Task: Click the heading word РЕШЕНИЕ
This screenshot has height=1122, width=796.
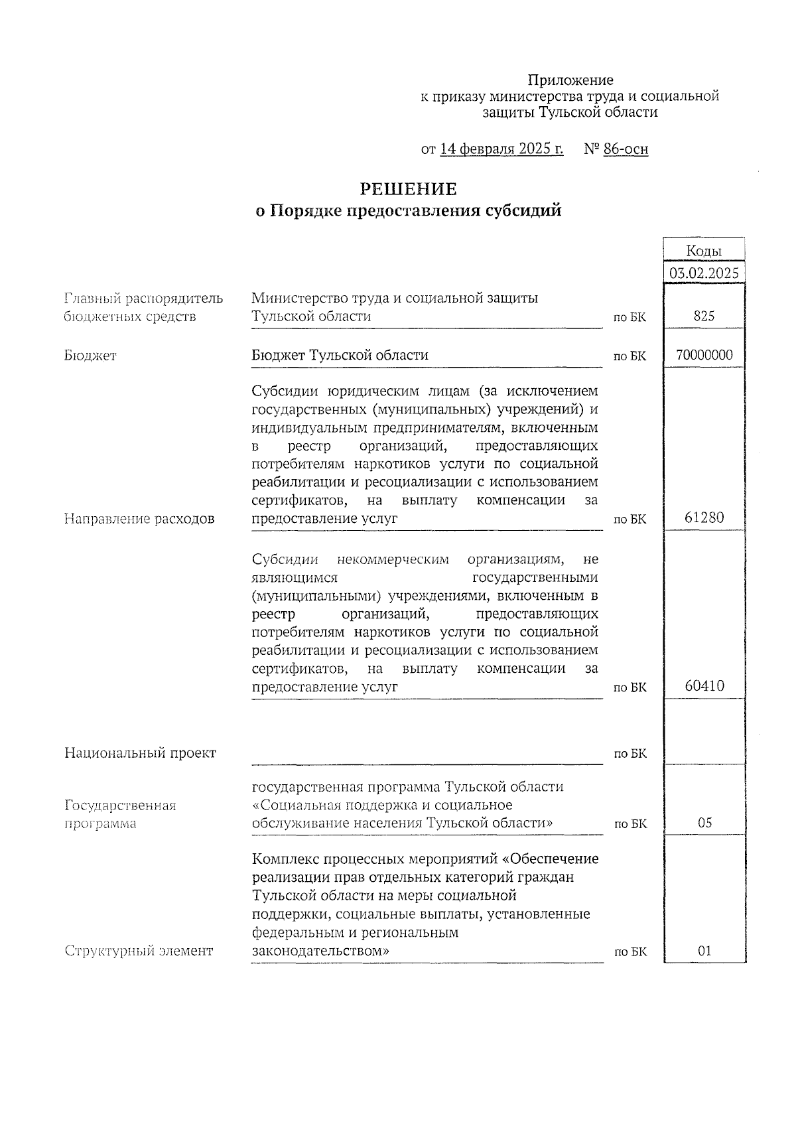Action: [408, 190]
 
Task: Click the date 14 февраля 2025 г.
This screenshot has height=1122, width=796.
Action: [501, 149]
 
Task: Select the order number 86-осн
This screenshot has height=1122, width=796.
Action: [626, 149]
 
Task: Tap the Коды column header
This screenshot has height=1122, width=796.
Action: [703, 250]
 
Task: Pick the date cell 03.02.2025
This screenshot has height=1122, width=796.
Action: [704, 273]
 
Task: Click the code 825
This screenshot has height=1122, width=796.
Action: [704, 316]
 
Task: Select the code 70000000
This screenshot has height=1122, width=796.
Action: [704, 355]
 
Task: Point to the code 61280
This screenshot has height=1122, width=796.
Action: [704, 518]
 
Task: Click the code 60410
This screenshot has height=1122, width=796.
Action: [704, 686]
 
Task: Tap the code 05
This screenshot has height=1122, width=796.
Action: [704, 823]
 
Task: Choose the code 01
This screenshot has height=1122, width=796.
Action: [704, 951]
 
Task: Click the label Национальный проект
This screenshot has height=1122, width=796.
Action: [140, 753]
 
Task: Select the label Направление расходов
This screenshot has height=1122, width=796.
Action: [139, 519]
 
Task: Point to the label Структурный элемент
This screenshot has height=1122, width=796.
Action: [139, 951]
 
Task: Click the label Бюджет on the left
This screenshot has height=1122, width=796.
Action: [90, 356]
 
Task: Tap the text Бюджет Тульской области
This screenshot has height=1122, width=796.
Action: [340, 355]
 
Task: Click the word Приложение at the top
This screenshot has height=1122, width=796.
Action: [570, 80]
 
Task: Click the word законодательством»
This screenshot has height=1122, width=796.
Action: [320, 951]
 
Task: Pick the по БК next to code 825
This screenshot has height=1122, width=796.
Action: [630, 318]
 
